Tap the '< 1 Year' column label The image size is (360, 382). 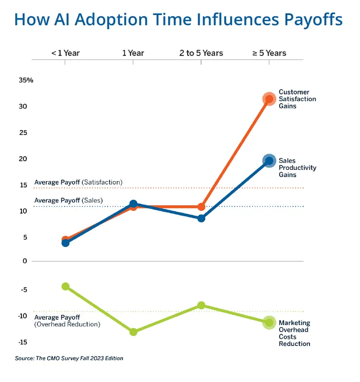click(65, 53)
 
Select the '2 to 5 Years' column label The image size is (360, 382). click(201, 53)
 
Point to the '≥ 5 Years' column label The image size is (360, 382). click(269, 53)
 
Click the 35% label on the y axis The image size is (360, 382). click(26, 80)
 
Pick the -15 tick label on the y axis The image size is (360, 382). click(23, 342)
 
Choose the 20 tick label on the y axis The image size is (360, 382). click(23, 159)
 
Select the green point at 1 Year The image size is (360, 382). click(133, 332)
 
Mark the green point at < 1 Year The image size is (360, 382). click(65, 286)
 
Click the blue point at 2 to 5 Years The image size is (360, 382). click(201, 218)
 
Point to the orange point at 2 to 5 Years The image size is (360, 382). click(201, 207)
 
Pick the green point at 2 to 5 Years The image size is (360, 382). click(201, 305)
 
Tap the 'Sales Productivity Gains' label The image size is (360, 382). click(297, 167)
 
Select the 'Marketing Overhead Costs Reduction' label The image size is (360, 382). click(294, 333)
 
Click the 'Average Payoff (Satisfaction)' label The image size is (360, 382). click(78, 182)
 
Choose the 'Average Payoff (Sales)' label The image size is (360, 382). click(69, 200)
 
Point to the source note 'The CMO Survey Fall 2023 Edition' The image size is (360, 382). click(69, 359)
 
